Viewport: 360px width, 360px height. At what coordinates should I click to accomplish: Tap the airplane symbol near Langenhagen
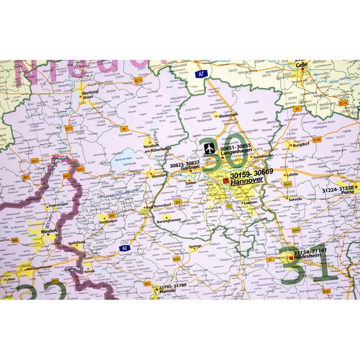[x=209, y=148]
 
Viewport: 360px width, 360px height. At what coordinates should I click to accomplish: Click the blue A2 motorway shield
[x=125, y=248]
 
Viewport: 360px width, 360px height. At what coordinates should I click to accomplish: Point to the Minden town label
[x=49, y=231]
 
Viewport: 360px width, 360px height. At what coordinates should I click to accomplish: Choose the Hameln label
[x=164, y=291]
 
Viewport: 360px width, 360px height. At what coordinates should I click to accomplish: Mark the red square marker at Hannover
[x=226, y=180]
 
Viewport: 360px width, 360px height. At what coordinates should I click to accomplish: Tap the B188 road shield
[x=317, y=140]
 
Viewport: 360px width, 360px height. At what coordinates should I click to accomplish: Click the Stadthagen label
[x=108, y=221]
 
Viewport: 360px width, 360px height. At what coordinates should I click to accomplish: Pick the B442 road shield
[x=176, y=259]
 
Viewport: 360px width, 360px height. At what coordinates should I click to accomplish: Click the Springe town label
[x=195, y=247]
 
